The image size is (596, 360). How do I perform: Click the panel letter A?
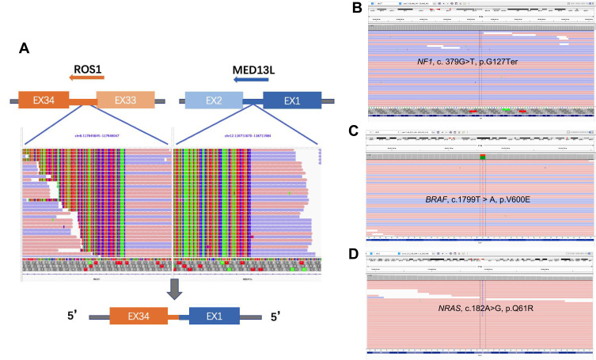24,48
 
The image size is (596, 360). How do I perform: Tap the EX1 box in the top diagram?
290,100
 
